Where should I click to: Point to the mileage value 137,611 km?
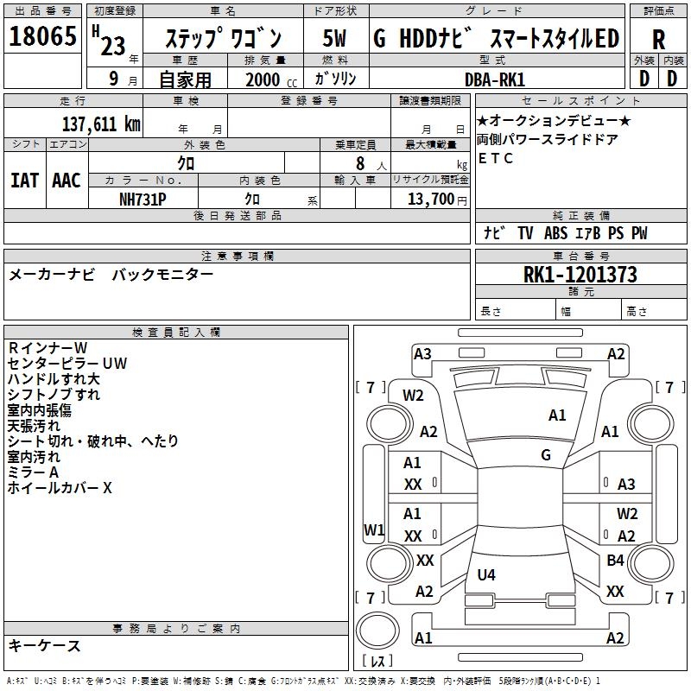coord(101,124)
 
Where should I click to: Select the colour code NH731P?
coord(143,198)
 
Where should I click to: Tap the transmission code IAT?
coord(24,181)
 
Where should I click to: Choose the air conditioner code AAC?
coord(67,181)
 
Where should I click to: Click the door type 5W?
coord(334,39)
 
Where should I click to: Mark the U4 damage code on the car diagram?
coord(486,574)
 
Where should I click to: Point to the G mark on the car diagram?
coord(546,454)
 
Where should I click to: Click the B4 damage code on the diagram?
coord(615,561)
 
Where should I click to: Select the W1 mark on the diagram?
coord(373,529)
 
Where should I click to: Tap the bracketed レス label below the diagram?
coord(377,662)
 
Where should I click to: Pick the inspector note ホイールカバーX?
coord(60,488)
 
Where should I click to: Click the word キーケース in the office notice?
coord(45,645)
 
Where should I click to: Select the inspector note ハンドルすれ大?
coord(54,379)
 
